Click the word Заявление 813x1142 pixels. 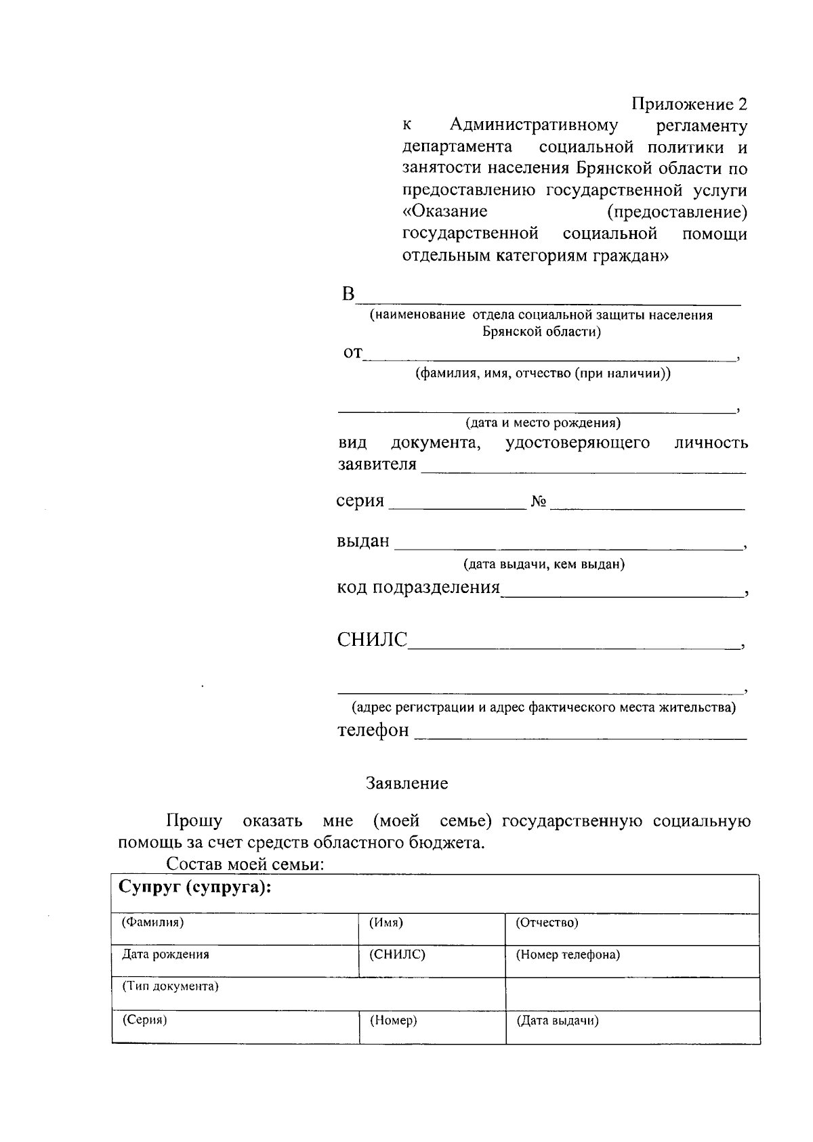406,783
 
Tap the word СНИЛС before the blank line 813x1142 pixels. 372,640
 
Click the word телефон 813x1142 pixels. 373,730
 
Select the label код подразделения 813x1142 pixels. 418,587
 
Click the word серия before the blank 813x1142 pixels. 360,501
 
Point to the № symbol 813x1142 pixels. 539,502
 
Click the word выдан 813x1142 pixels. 363,541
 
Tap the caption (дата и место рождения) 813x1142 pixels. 543,423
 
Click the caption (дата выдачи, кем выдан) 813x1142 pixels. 543,564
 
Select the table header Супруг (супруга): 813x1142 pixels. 195,887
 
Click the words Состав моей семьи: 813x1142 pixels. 246,864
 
